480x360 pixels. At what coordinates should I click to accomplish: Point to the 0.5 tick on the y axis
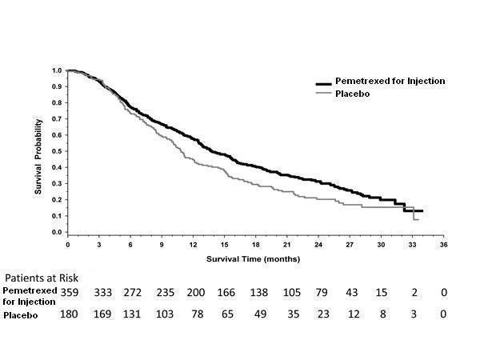pyautogui.click(x=57, y=152)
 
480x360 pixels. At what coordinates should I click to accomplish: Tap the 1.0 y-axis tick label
pyautogui.click(x=57, y=70)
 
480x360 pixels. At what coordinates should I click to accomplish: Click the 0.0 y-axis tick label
pyautogui.click(x=57, y=233)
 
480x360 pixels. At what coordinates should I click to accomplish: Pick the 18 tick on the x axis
pyautogui.click(x=255, y=244)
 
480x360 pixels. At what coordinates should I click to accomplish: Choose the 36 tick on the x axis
pyautogui.click(x=443, y=244)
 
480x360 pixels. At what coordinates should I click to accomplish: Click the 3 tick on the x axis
pyautogui.click(x=98, y=244)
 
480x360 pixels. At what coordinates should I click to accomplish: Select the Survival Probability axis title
pyautogui.click(x=37, y=151)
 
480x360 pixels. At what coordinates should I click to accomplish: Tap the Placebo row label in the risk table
pyautogui.click(x=22, y=316)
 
